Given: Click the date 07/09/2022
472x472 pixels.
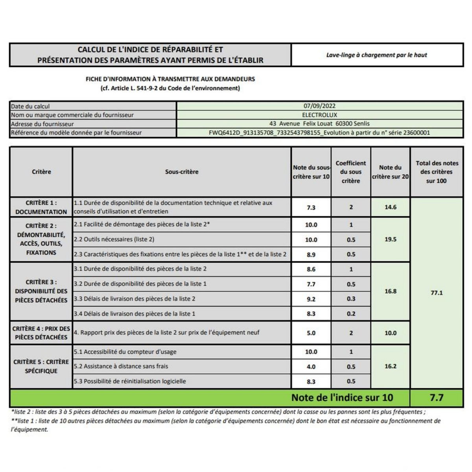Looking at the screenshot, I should point(319,106).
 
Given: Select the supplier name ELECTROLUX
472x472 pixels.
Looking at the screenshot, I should point(319,115).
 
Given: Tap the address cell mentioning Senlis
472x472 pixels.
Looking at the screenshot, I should point(319,124).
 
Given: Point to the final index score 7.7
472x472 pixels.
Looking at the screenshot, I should point(437,398).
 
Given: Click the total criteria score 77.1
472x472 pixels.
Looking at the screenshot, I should point(437,293).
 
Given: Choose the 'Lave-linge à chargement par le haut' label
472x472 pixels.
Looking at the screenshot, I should point(376,55).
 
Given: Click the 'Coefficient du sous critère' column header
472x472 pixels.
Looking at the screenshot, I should point(351,172).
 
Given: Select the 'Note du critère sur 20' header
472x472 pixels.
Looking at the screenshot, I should point(390,172).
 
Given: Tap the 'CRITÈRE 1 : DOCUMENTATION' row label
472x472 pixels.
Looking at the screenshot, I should point(41,207).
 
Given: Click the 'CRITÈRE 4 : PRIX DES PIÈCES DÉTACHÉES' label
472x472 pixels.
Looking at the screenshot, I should point(41,333).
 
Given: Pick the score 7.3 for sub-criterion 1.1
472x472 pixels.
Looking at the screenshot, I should point(311,207).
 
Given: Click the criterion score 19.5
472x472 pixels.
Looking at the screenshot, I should point(390,239).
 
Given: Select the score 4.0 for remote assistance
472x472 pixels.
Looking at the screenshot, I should point(311,367).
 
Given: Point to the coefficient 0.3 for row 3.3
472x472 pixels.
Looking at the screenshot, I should point(351,299).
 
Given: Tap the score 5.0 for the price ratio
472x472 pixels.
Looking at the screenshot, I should point(311,333).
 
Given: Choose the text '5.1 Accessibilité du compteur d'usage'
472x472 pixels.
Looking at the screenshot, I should point(125,352).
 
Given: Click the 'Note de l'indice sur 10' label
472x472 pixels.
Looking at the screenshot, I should point(342,398).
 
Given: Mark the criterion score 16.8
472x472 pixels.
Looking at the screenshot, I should point(390,291).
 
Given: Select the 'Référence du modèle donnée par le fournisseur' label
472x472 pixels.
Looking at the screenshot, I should point(76,133).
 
